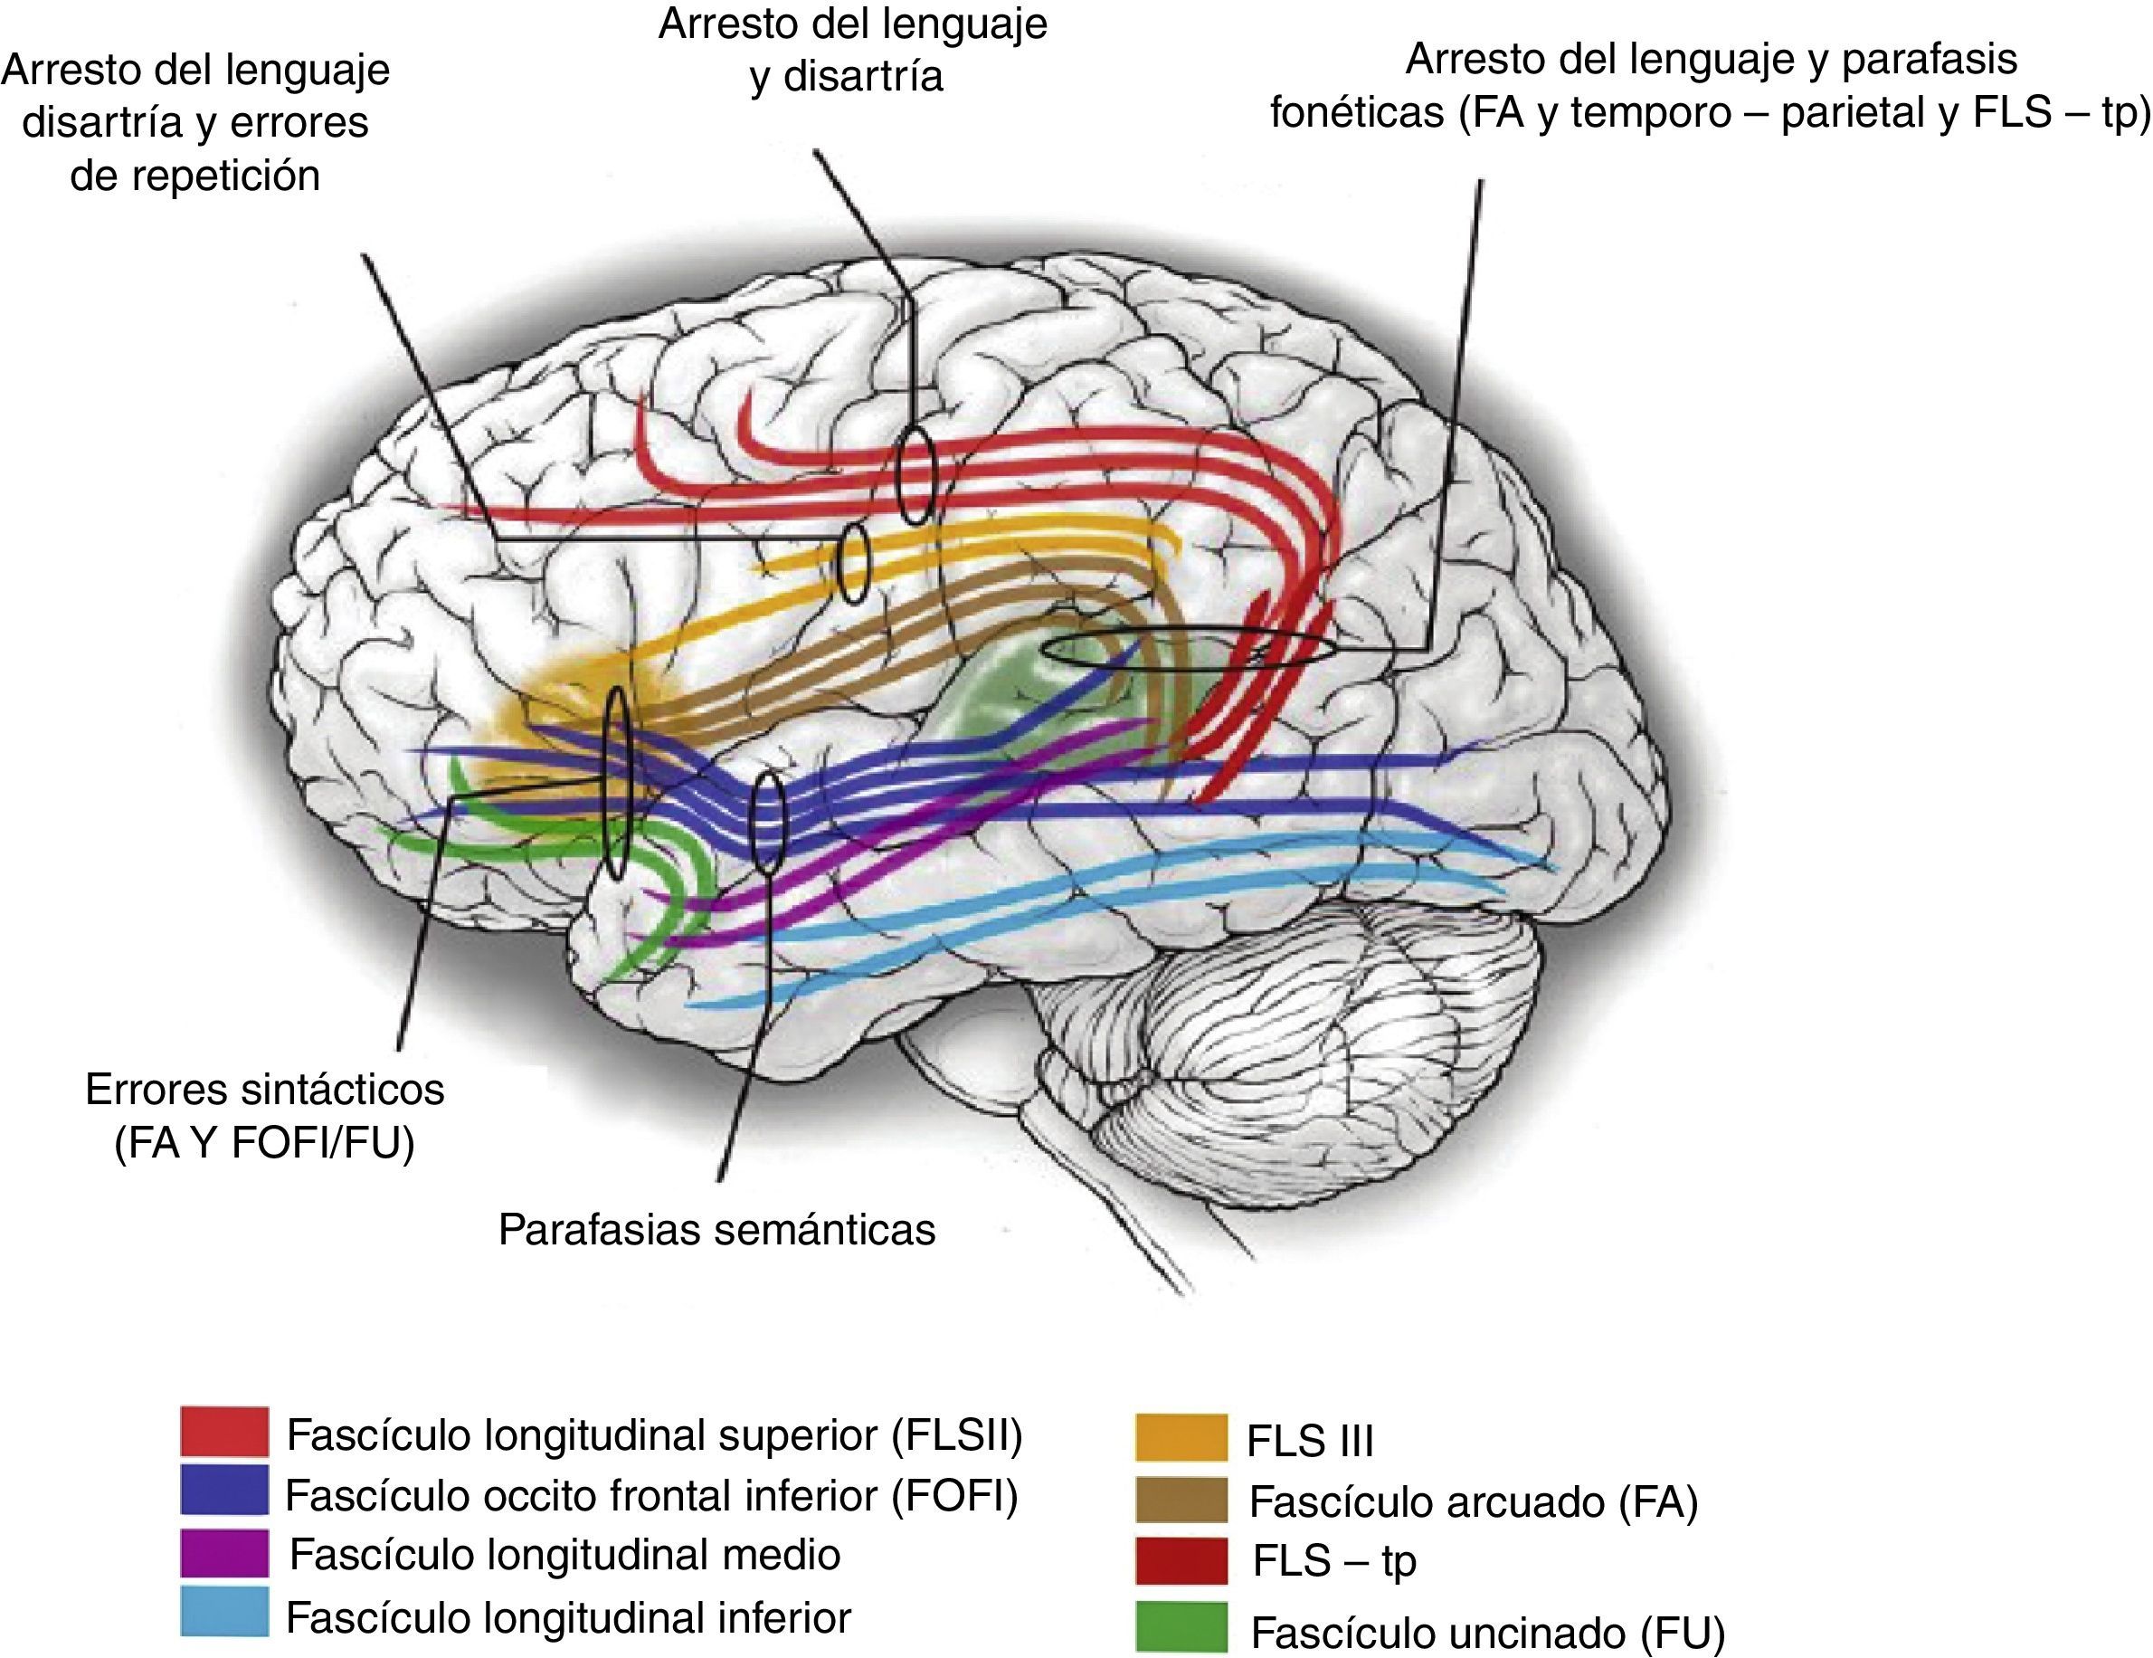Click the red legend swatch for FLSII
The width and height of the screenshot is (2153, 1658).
click(223, 1432)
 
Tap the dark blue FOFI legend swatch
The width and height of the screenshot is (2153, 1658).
click(223, 1491)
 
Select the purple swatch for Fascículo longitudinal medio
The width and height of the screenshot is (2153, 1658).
click(223, 1552)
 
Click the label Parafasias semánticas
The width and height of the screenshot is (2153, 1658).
click(716, 1230)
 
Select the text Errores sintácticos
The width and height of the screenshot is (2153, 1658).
click(264, 1090)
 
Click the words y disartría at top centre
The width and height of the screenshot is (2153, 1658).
click(846, 76)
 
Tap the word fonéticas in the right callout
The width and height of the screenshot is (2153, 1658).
click(1356, 113)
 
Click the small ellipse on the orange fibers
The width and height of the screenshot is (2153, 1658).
click(853, 563)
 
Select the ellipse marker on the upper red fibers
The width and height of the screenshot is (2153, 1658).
click(915, 476)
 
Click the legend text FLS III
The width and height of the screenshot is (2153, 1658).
click(1309, 1441)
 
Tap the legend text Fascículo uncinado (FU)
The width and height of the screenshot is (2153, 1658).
click(1487, 1634)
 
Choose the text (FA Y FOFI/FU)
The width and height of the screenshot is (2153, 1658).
click(264, 1143)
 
